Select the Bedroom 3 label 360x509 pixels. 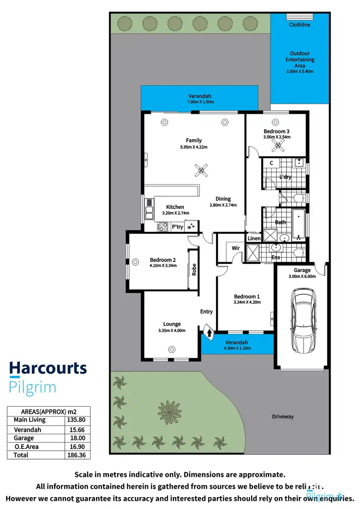pyautogui.click(x=276, y=131)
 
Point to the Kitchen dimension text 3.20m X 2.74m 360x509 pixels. pyautogui.click(x=175, y=213)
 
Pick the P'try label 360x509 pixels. pyautogui.click(x=178, y=226)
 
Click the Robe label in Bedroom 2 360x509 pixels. pyautogui.click(x=194, y=270)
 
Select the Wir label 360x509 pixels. pyautogui.click(x=236, y=248)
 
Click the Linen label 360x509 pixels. pyautogui.click(x=254, y=238)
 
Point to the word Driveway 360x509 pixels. pyautogui.click(x=282, y=416)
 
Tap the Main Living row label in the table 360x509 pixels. pyautogui.click(x=30, y=420)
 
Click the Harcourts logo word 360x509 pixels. pyautogui.click(x=48, y=368)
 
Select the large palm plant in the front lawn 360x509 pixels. pyautogui.click(x=172, y=411)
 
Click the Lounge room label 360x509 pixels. pyautogui.click(x=172, y=324)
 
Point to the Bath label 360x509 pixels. pyautogui.click(x=280, y=222)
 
